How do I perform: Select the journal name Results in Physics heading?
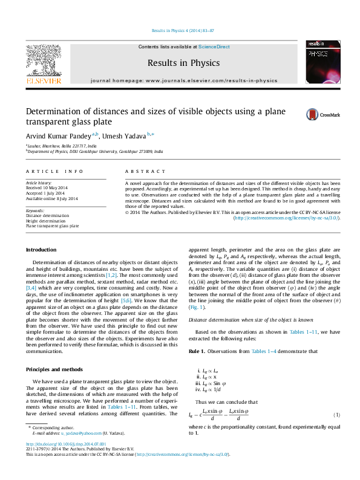180,62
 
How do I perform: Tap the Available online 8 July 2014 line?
51,198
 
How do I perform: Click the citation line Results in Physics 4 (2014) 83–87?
180,30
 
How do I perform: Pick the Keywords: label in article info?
35,211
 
